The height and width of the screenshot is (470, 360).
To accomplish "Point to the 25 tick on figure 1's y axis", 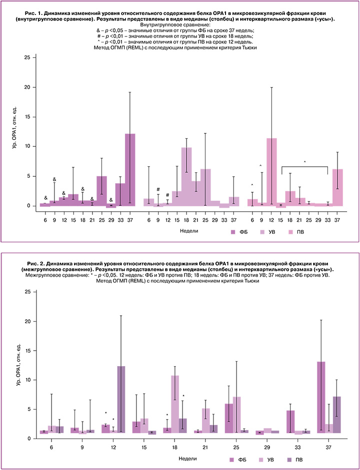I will (28, 58).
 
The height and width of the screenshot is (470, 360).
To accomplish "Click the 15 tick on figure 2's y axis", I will (28, 351).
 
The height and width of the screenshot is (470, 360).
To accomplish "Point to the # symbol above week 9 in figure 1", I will (158, 189).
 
